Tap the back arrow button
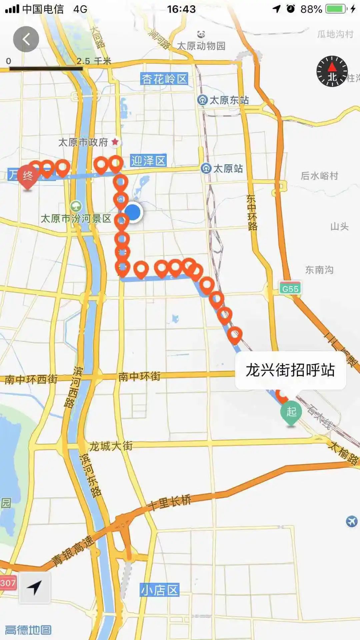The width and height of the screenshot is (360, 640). [x=26, y=39]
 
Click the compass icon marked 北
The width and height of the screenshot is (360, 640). [x=332, y=71]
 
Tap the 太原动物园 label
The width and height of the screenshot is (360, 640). [x=201, y=46]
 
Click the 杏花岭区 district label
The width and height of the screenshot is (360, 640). [x=164, y=79]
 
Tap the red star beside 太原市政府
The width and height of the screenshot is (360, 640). [x=115, y=142]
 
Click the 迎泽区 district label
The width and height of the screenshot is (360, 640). [x=148, y=161]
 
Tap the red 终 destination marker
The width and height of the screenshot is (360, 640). [x=27, y=176]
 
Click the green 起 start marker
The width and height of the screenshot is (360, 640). [x=291, y=412]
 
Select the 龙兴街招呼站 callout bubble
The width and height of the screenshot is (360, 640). [x=290, y=370]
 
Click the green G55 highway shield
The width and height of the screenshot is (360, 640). [x=290, y=288]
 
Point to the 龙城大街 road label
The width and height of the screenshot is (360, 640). [x=111, y=446]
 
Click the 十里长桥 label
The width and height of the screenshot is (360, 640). [x=170, y=502]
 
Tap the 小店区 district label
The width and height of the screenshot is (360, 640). [x=160, y=590]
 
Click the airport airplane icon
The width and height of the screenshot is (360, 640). [x=351, y=521]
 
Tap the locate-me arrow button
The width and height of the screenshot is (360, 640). [x=35, y=588]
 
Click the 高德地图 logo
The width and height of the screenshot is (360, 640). [x=28, y=630]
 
